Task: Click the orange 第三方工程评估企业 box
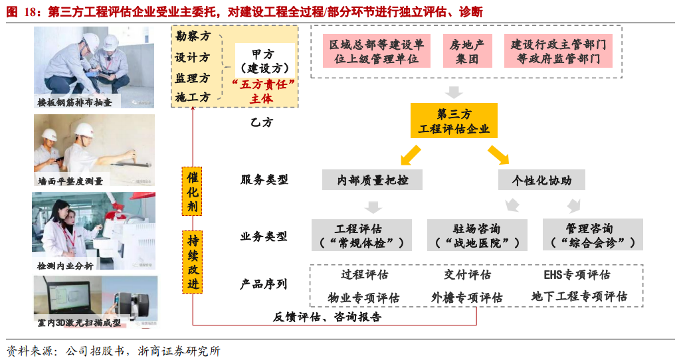click(454, 120)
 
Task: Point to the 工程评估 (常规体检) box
click(359, 235)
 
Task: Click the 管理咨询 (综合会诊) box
click(593, 235)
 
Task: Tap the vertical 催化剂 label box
click(192, 191)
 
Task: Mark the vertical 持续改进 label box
click(192, 262)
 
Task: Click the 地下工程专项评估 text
click(579, 296)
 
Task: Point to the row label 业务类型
click(264, 236)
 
